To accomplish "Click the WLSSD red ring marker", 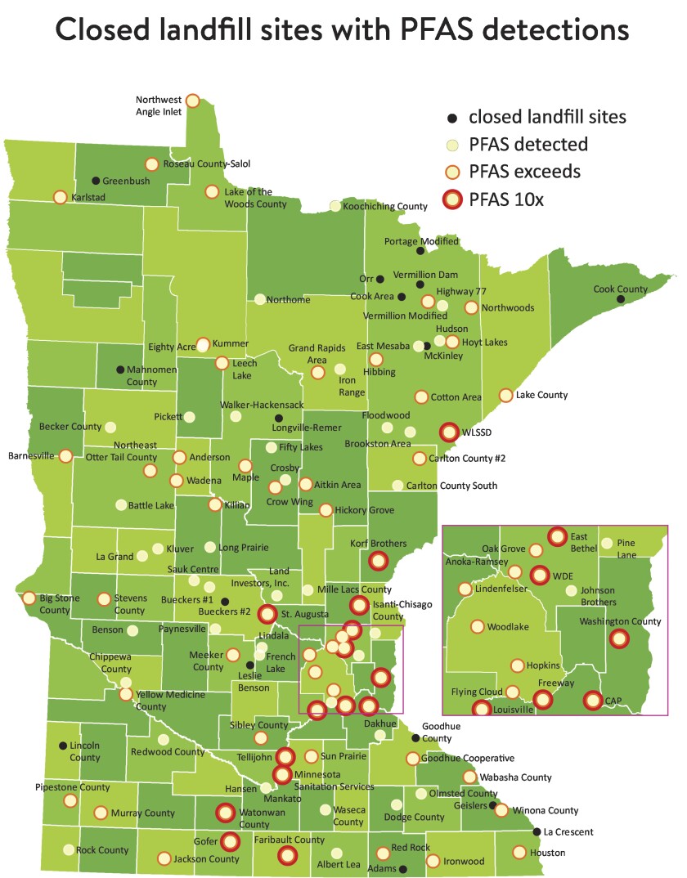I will click(x=449, y=432).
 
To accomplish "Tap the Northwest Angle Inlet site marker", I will click(x=192, y=100).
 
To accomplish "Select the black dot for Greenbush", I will click(x=96, y=181).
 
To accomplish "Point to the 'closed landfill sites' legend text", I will click(x=547, y=117).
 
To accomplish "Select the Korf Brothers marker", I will click(x=377, y=561).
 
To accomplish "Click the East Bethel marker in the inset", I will click(x=557, y=536).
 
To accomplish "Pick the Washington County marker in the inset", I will click(x=620, y=639).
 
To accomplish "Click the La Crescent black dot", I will click(x=537, y=832).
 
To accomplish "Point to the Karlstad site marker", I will click(x=60, y=197).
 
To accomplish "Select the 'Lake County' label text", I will click(x=542, y=395).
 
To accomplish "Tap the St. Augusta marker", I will click(x=267, y=614).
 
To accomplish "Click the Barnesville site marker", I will click(x=65, y=455).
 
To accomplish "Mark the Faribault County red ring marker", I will click(x=286, y=855).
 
